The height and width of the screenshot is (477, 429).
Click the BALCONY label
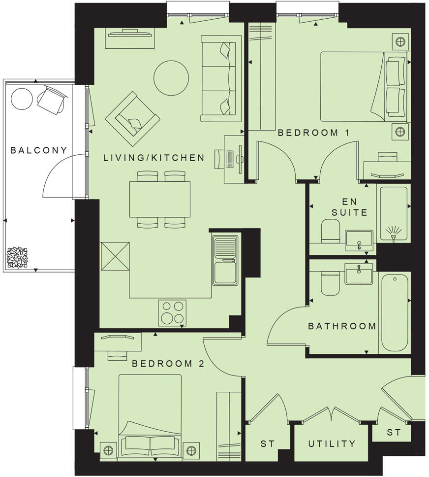tap(38, 150)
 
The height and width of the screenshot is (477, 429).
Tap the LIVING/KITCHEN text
tap(153, 158)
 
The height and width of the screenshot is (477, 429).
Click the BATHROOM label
tap(342, 326)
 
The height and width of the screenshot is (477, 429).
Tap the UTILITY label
tap(332, 444)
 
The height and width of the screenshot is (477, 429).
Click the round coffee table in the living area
tap(171, 77)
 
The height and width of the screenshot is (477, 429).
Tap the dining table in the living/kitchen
tap(159, 199)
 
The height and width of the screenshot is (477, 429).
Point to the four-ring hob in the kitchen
tap(172, 312)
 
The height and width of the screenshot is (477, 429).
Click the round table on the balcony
tap(22, 99)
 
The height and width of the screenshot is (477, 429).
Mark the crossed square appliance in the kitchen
tap(115, 256)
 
